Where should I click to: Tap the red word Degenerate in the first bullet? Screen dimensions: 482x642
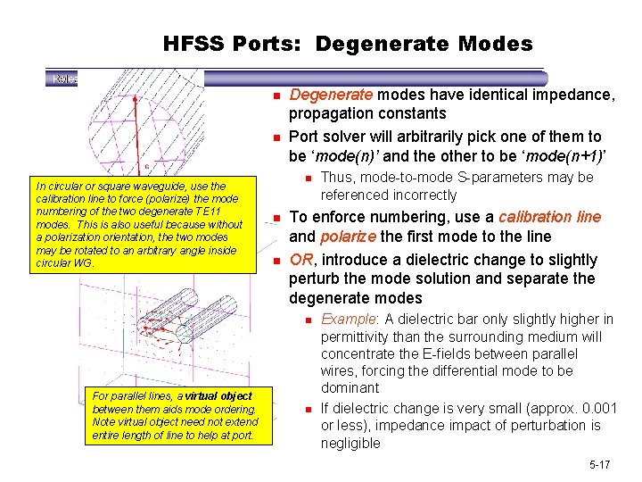click(334, 96)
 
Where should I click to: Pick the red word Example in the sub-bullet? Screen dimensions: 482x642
click(345, 320)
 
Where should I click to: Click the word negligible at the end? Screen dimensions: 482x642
click(350, 443)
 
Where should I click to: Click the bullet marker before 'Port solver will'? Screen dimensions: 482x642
click(277, 137)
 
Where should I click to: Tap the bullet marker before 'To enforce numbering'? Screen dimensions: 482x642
click(277, 218)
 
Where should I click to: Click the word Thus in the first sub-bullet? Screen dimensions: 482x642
click(337, 177)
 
